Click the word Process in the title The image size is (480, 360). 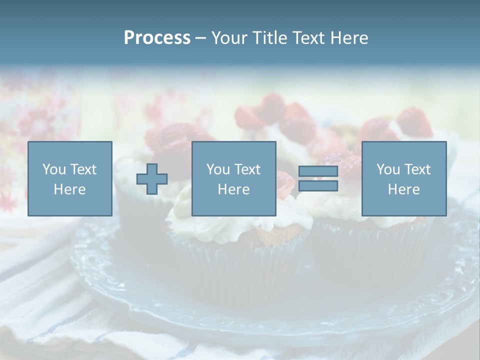click(157, 38)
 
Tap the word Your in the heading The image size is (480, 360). click(230, 38)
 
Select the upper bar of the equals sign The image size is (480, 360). click(318, 171)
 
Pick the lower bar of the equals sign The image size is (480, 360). click(318, 186)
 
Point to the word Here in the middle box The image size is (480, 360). click(233, 189)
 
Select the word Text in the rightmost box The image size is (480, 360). click(417, 169)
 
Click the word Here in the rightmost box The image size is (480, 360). click(403, 189)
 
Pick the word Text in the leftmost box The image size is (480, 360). click(83, 169)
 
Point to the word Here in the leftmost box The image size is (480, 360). click(69, 189)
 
